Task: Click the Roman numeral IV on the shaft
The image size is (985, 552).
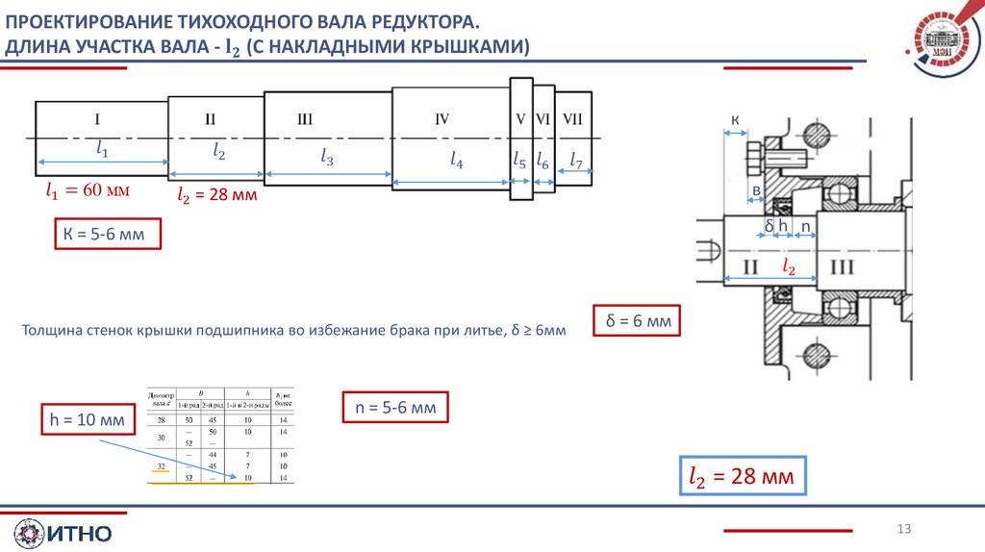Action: pos(442,119)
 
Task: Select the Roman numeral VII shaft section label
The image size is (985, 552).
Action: pos(573,119)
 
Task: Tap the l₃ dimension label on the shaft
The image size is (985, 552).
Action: pos(327,157)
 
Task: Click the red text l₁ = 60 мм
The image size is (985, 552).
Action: pos(88,190)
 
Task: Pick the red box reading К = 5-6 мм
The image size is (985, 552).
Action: pos(105,234)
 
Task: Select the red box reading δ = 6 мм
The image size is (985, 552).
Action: pos(637,320)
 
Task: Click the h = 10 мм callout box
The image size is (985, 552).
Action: pos(87,420)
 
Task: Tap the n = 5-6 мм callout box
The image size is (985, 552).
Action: pos(395,408)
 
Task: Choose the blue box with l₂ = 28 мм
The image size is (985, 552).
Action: pos(743,476)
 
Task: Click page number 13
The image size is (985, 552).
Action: pos(903,528)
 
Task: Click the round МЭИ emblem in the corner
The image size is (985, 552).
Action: pos(942,43)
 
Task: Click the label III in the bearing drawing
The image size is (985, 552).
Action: pos(844,266)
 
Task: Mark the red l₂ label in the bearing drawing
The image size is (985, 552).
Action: pos(789,265)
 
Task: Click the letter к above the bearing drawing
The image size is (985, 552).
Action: pos(735,120)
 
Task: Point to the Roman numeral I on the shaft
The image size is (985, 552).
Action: pos(97,119)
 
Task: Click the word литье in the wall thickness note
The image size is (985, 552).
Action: pos(481,330)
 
